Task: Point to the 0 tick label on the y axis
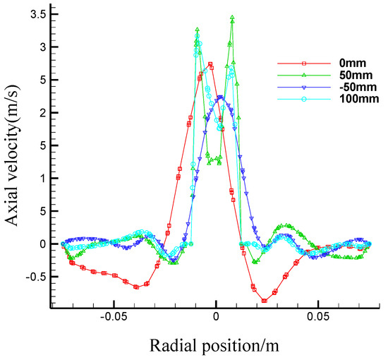[x=41, y=244]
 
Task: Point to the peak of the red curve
[x=211, y=64]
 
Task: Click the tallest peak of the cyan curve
[x=198, y=36]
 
